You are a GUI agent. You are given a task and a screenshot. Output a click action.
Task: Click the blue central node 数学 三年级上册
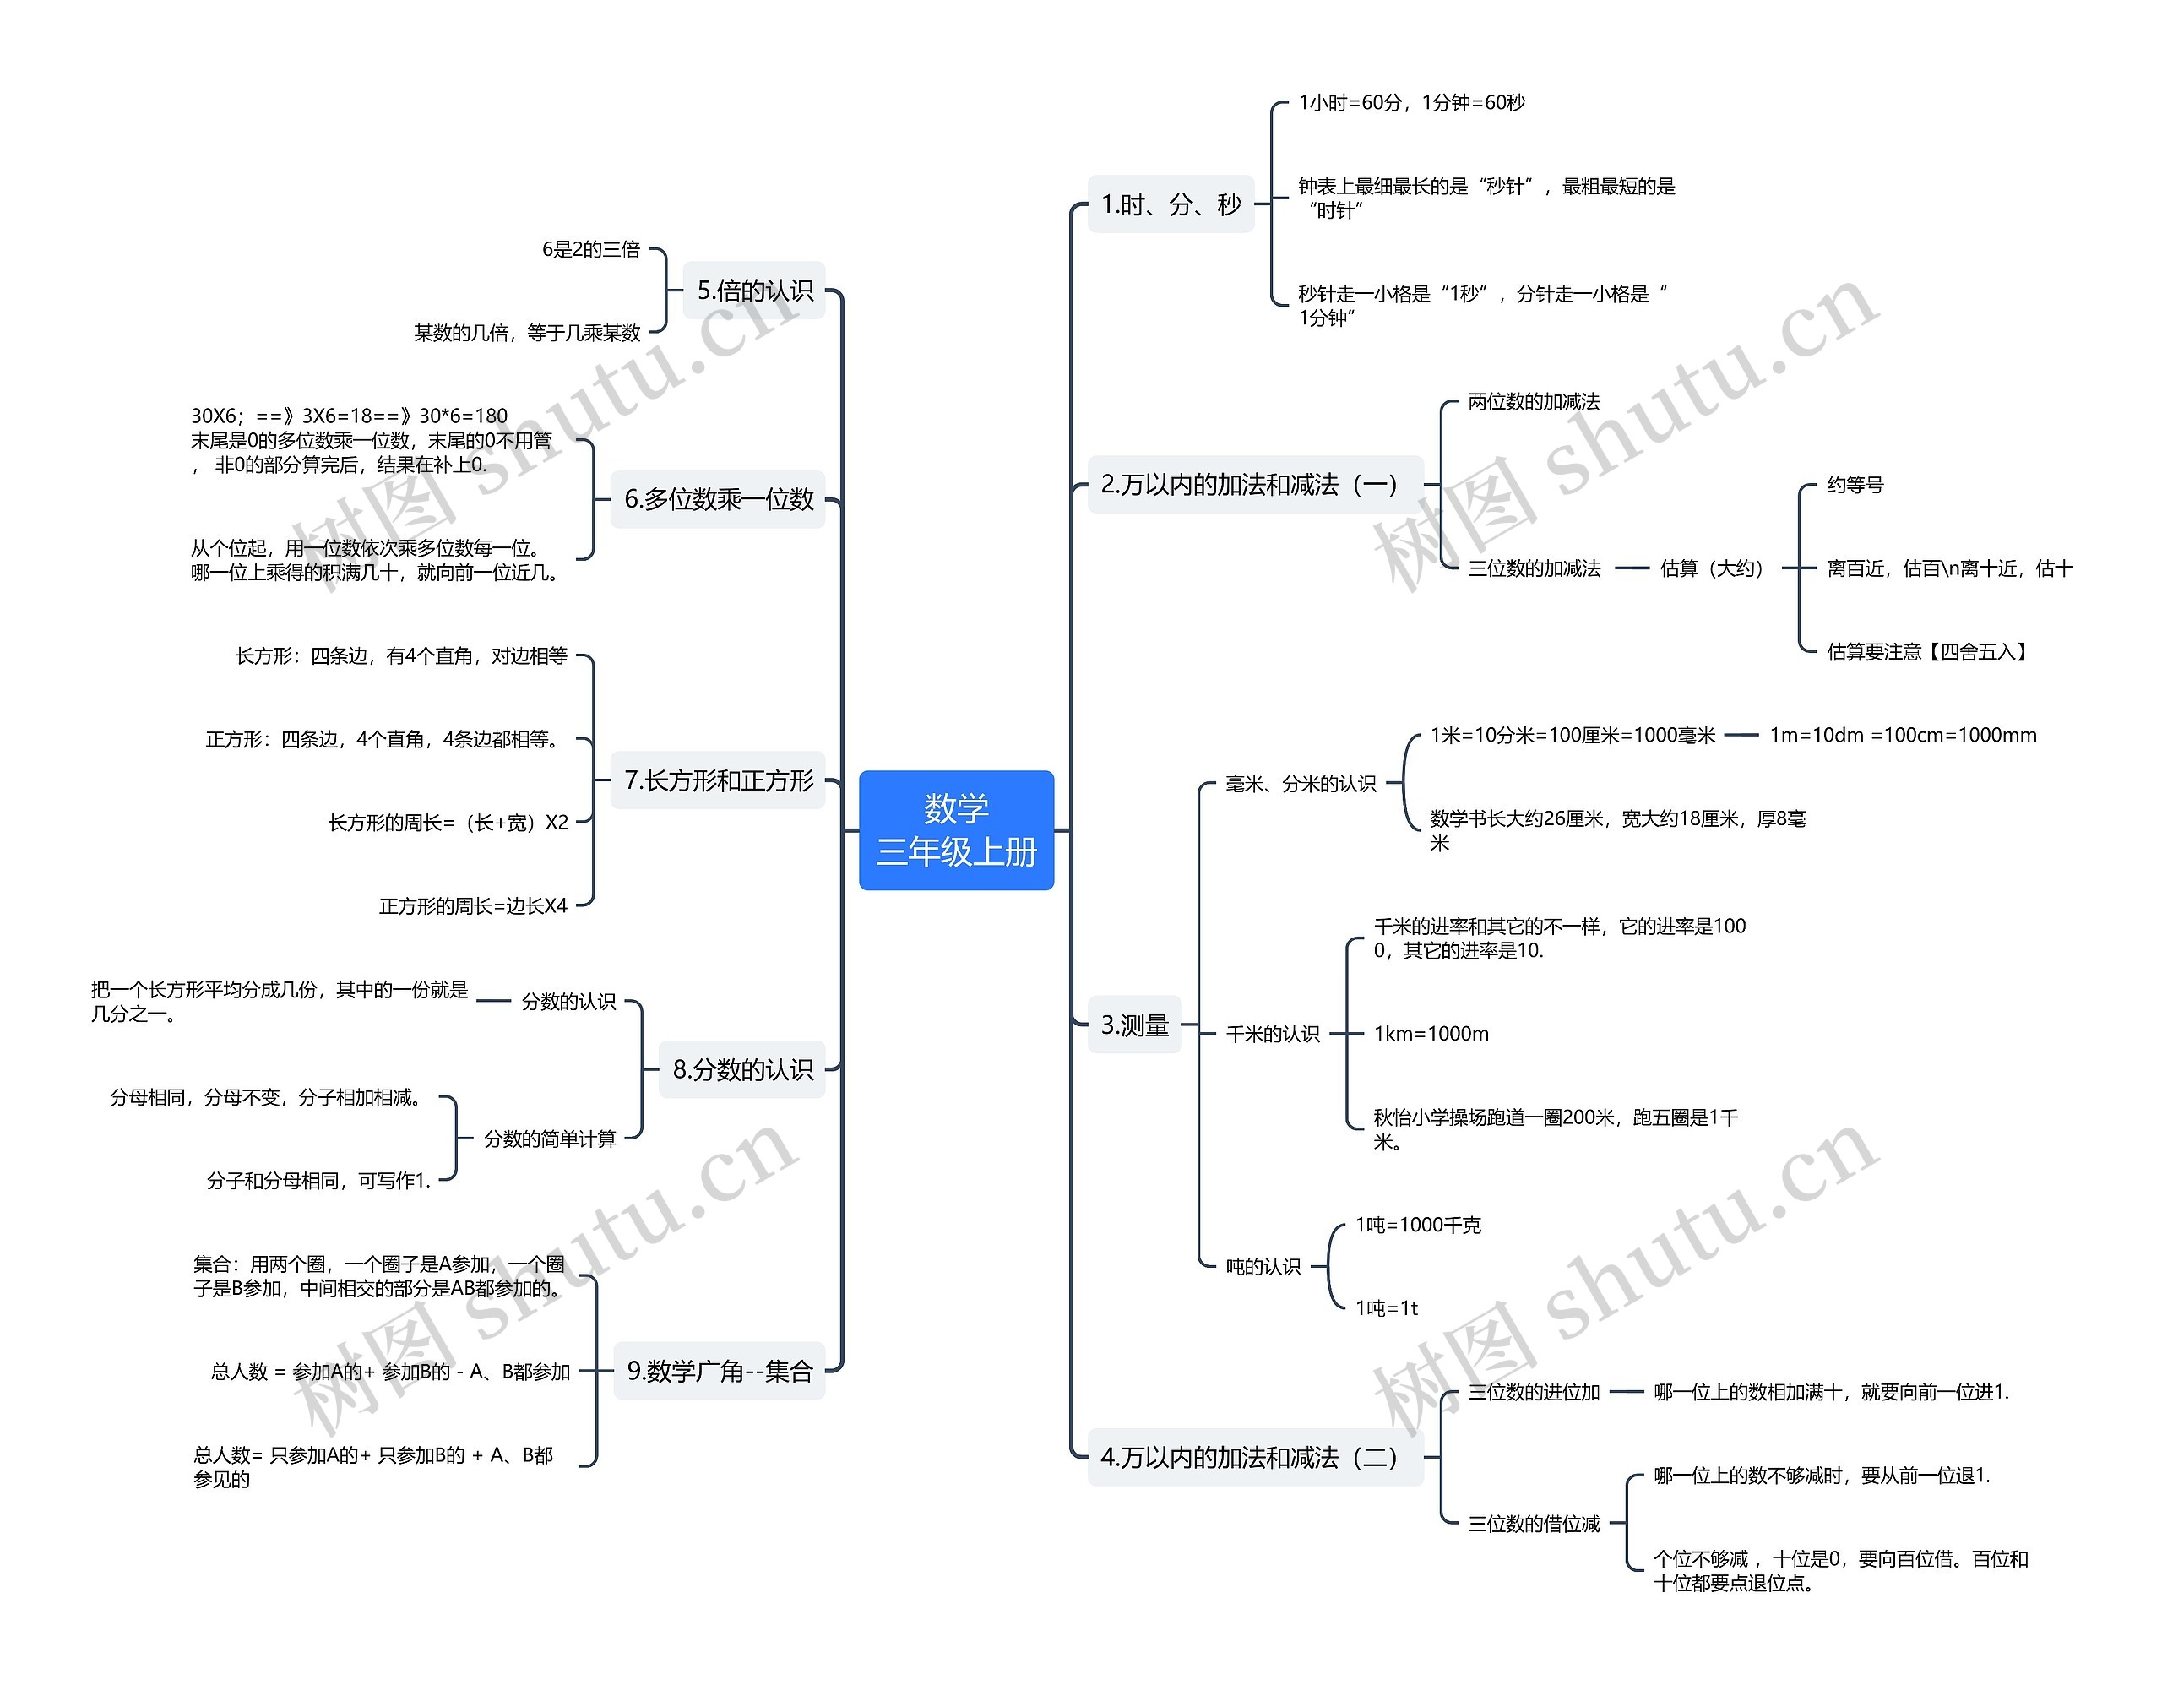click(956, 829)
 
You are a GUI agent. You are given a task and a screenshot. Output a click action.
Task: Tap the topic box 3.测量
click(1134, 1025)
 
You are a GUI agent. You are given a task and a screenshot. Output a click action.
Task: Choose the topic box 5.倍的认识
click(754, 290)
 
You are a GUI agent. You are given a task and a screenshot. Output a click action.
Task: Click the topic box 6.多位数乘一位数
click(718, 499)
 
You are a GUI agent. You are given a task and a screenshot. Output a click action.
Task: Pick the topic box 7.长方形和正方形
click(718, 780)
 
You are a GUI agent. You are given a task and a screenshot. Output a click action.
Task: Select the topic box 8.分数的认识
click(742, 1069)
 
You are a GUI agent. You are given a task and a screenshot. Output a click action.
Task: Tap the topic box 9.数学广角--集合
click(720, 1371)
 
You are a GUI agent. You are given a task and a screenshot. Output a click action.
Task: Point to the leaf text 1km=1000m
click(1431, 1034)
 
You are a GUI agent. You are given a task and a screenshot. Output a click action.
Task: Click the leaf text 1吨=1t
click(1386, 1307)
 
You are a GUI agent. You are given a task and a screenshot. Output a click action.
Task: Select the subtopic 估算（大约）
click(1712, 568)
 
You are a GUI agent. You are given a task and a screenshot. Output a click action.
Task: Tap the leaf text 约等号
click(1855, 484)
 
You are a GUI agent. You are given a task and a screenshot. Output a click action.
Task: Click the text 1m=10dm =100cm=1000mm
click(1903, 735)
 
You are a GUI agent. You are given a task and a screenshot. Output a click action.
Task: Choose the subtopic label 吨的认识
click(1263, 1266)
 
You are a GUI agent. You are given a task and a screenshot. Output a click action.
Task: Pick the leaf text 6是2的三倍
click(591, 249)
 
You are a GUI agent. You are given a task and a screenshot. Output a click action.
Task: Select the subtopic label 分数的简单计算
click(550, 1139)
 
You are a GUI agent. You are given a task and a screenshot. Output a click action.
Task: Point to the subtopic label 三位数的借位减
click(1534, 1524)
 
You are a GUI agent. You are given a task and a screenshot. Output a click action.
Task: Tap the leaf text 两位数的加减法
click(1534, 401)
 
